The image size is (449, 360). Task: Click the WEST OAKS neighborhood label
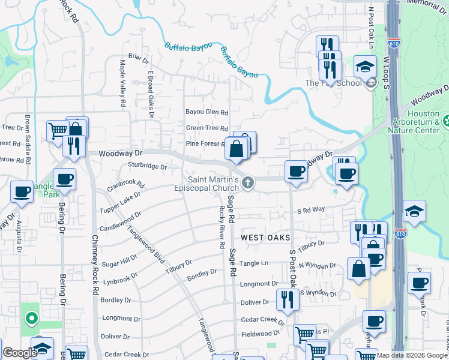[x=261, y=238]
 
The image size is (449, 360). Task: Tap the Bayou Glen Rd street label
[x=207, y=112]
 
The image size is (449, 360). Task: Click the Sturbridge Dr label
[x=147, y=166]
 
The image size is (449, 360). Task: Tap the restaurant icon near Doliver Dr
[x=287, y=298]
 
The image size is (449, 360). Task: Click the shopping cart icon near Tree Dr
[x=58, y=130]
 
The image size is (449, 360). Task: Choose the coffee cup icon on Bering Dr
[x=64, y=178]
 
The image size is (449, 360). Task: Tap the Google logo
[x=20, y=353]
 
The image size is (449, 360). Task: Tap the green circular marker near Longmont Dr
[x=31, y=317]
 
